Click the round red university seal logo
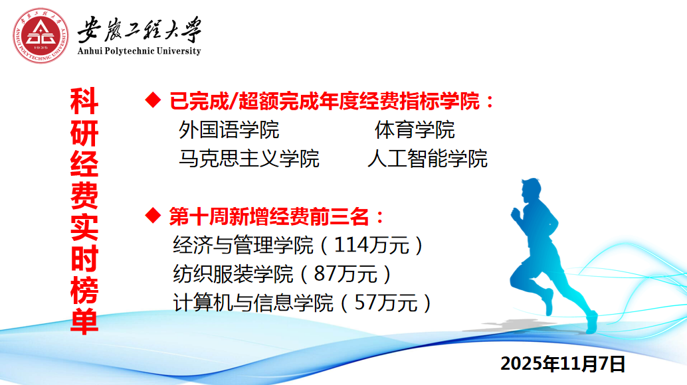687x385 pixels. (x=41, y=35)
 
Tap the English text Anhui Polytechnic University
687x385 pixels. (x=139, y=50)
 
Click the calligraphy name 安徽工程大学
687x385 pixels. (x=140, y=30)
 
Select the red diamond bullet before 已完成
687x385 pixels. (x=153, y=100)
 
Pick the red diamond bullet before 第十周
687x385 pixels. (x=153, y=216)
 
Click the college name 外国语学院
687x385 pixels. (x=229, y=130)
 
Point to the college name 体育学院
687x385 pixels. (x=415, y=130)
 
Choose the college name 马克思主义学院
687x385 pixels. (x=249, y=159)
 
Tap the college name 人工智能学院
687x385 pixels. (x=428, y=159)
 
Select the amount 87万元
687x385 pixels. (x=345, y=274)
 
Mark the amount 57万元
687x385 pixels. (x=385, y=303)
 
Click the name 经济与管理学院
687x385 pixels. (x=243, y=245)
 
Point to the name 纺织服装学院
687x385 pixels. (x=233, y=274)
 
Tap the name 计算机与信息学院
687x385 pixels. (x=253, y=303)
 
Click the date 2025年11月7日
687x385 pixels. (x=563, y=364)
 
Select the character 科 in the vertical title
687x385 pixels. (x=84, y=101)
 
